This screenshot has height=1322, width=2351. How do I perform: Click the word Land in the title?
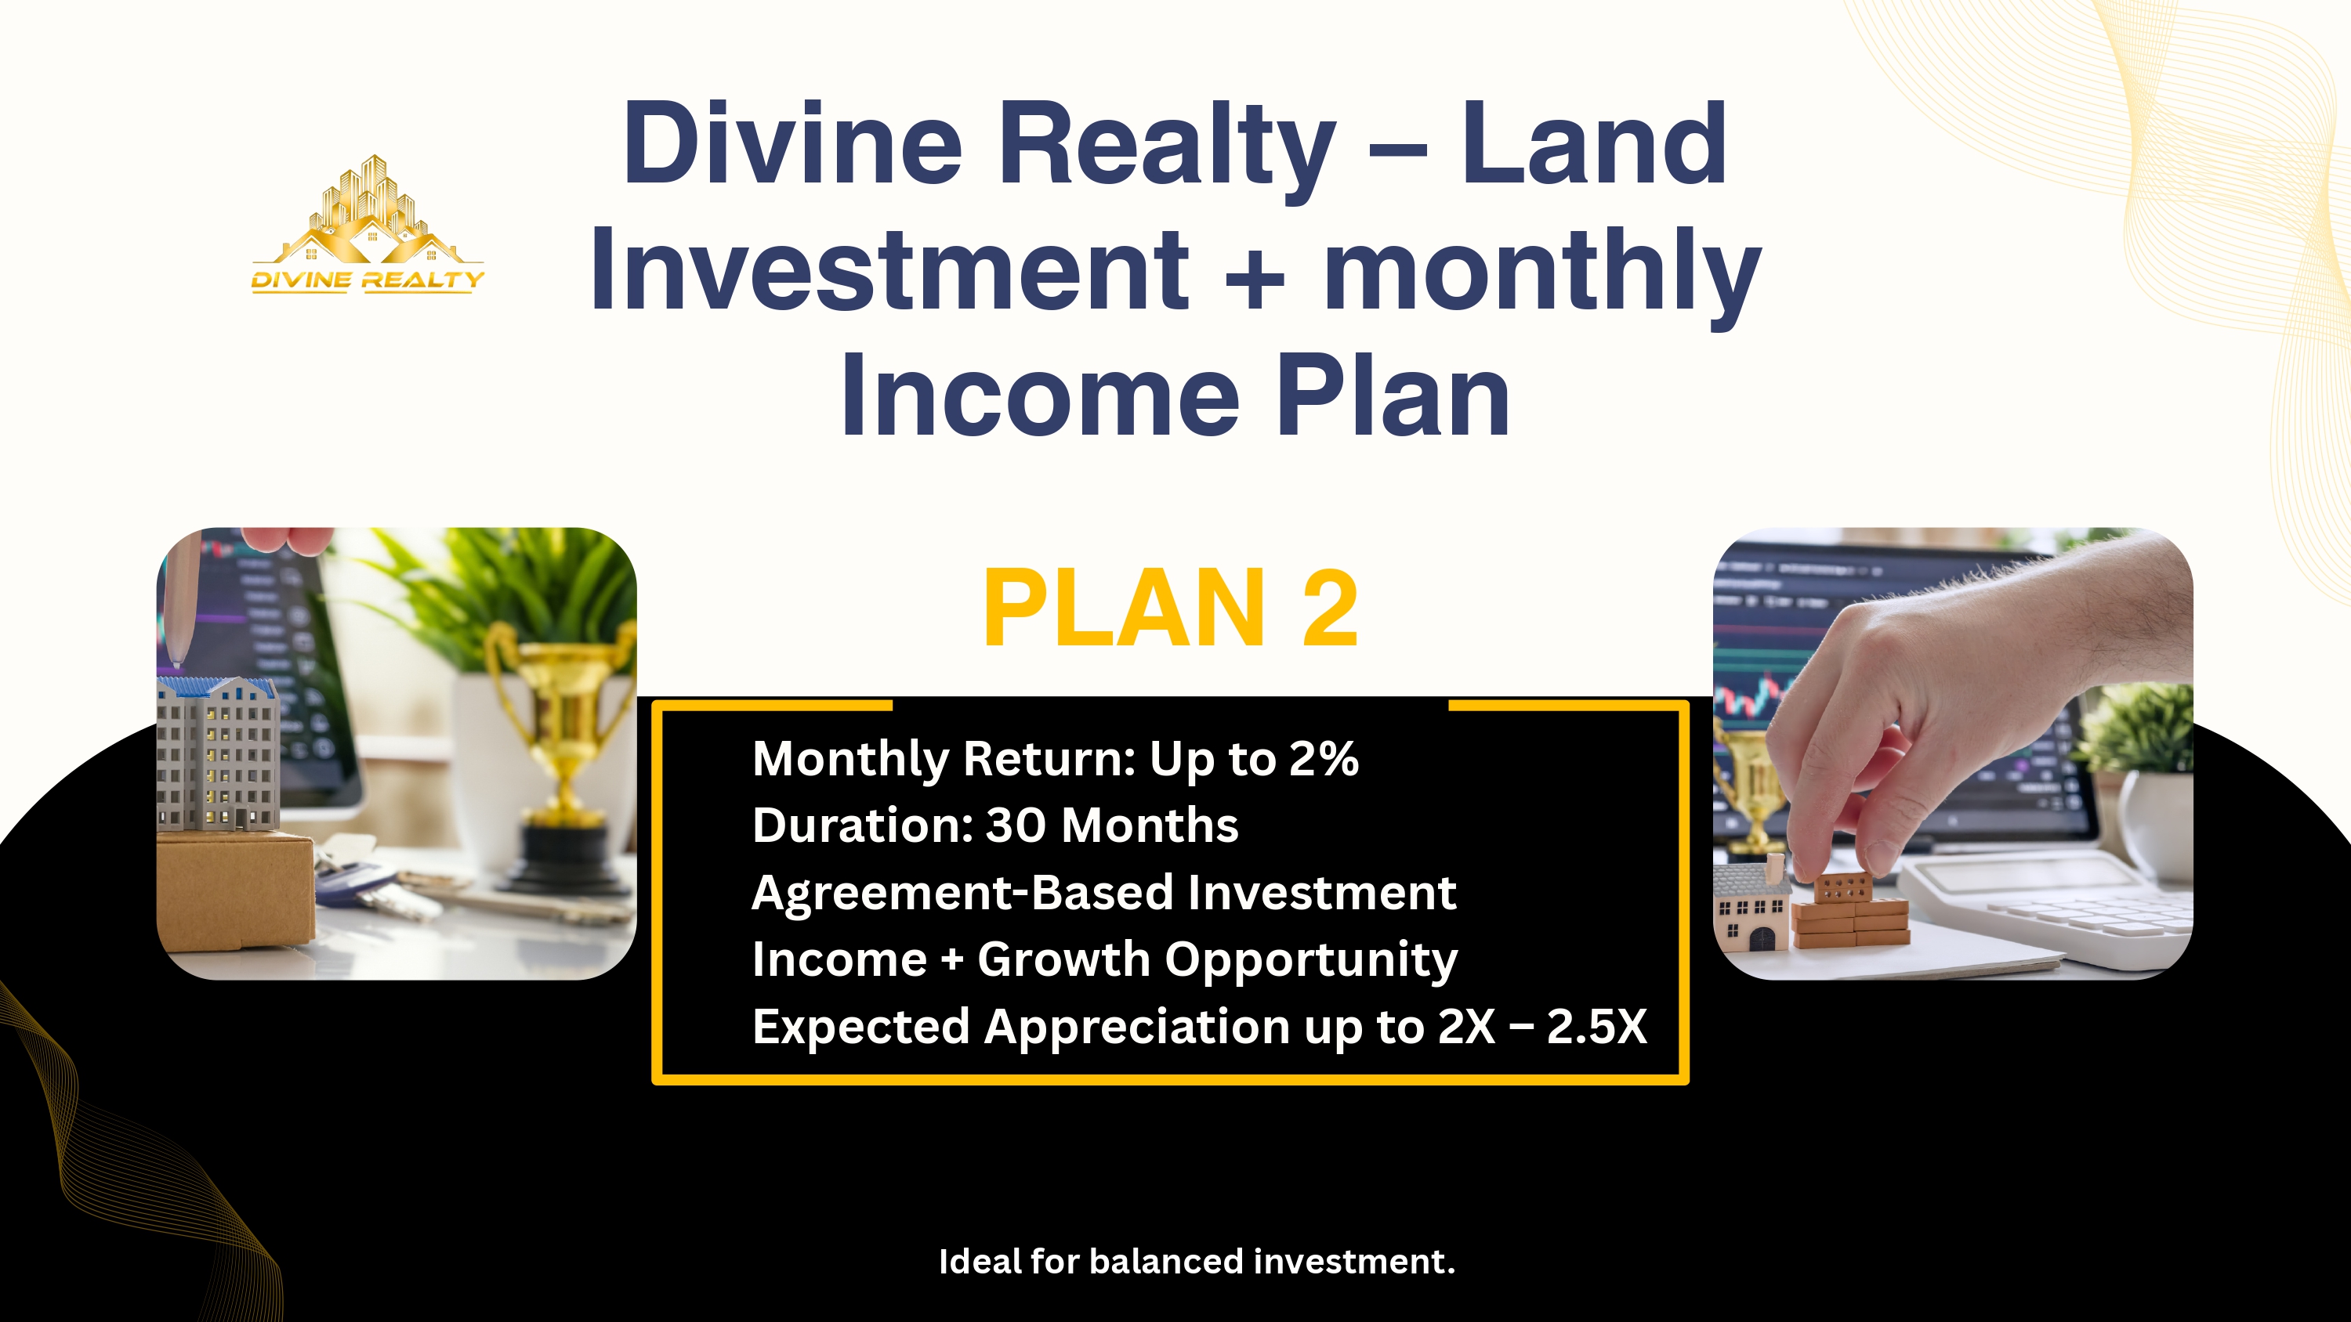[1593, 144]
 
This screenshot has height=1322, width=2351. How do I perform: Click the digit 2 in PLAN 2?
[1330, 609]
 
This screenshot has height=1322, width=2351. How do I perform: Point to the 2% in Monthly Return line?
[1324, 759]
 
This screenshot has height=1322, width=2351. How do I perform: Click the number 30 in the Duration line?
[1015, 825]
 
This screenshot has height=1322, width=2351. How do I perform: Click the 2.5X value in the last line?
[1596, 1027]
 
